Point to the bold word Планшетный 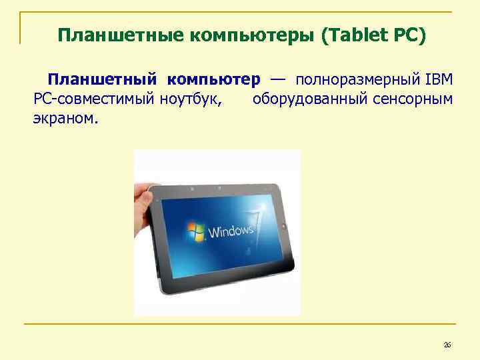click(102, 80)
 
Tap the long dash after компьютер click(279, 79)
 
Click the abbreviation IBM click(438, 80)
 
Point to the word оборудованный click(309, 100)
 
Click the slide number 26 click(447, 345)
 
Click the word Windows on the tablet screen click(231, 231)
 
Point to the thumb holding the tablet click(145, 197)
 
